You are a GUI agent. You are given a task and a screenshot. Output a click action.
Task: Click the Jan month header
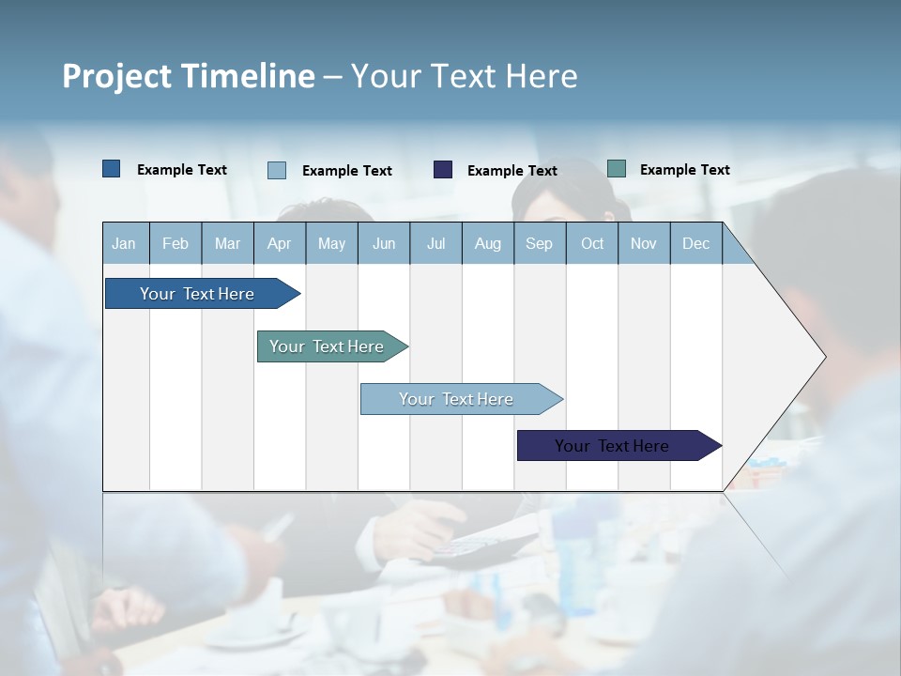[x=124, y=243]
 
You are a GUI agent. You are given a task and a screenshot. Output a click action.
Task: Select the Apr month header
[x=279, y=243]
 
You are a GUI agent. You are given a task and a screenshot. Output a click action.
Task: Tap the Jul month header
[x=435, y=243]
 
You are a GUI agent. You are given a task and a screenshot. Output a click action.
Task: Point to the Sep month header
[x=539, y=243]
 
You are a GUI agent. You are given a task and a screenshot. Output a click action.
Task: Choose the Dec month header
[x=695, y=243]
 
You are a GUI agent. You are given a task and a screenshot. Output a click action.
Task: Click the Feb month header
[x=176, y=243]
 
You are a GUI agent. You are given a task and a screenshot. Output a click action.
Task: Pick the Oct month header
[x=592, y=243]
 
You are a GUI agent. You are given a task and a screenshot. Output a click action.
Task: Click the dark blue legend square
[x=111, y=169]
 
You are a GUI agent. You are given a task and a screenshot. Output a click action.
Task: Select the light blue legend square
[x=277, y=170]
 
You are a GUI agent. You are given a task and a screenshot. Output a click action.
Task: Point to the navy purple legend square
[x=443, y=170]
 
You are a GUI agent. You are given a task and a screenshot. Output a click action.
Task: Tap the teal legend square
[x=617, y=169]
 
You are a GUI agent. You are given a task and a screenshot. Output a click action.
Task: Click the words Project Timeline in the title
[x=188, y=76]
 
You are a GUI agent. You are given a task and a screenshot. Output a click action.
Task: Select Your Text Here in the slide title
[x=464, y=76]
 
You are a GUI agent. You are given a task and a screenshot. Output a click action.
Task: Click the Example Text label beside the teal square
[x=684, y=170]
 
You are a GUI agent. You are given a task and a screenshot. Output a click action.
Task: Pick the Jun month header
[x=384, y=243]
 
